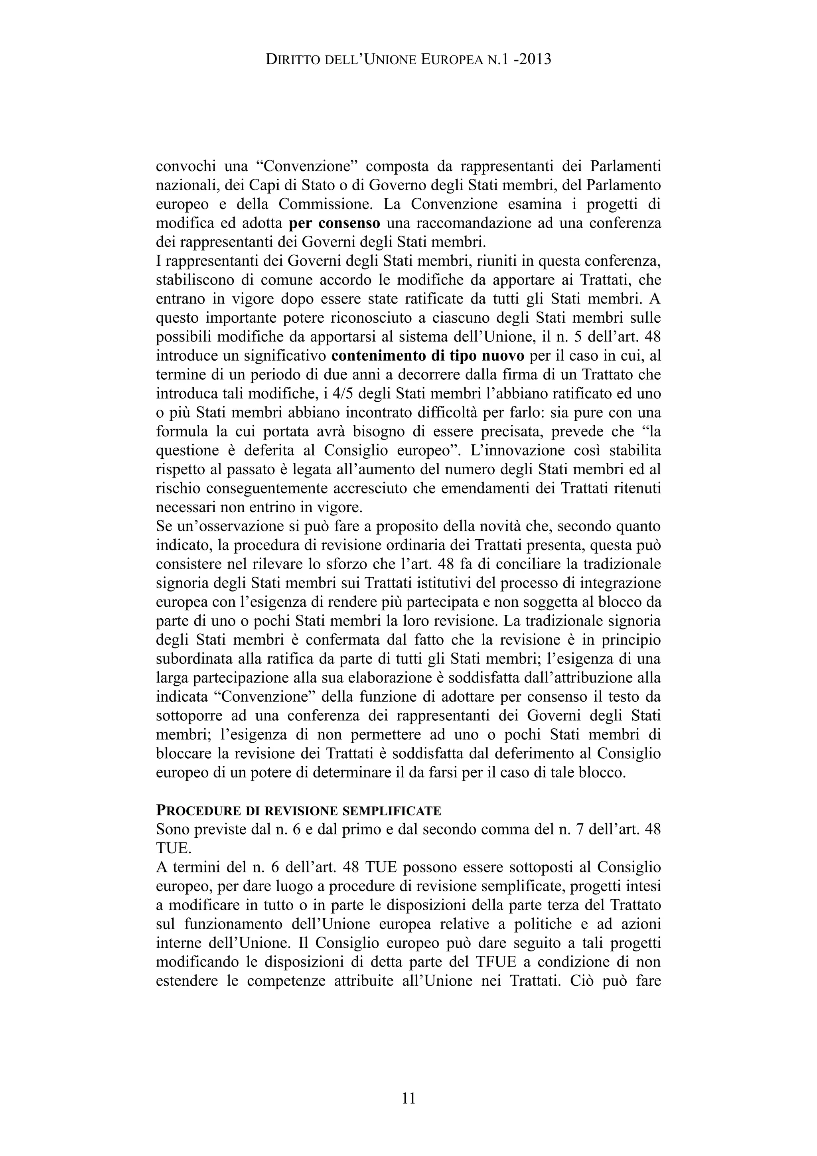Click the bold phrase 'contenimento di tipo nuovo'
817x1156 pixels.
click(x=428, y=356)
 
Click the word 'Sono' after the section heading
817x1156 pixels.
click(x=173, y=830)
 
